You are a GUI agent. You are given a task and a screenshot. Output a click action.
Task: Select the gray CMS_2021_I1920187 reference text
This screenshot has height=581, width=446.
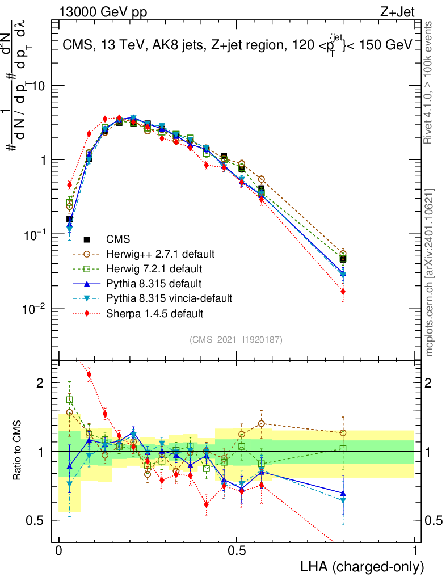(236, 339)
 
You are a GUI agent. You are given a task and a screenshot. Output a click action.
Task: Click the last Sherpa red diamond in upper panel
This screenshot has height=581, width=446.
(343, 292)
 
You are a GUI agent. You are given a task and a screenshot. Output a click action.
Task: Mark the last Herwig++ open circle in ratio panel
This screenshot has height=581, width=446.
(343, 433)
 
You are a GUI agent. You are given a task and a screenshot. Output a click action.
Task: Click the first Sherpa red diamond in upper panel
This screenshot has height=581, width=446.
(69, 185)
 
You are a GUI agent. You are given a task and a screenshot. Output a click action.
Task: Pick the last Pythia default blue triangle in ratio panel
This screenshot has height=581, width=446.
(343, 494)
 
